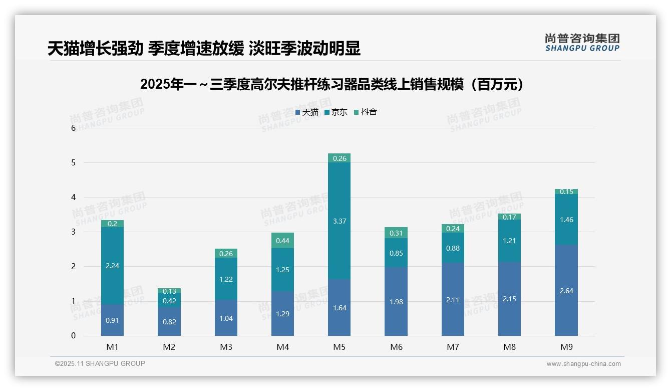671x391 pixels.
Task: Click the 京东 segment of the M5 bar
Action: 339,221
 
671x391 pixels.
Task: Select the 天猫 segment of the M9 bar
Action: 566,290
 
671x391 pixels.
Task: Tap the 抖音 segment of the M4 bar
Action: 282,241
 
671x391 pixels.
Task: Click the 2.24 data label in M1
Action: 112,266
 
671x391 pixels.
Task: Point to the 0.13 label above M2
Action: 169,291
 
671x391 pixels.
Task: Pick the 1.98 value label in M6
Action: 396,302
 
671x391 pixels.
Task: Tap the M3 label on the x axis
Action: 226,347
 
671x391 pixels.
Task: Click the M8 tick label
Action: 509,347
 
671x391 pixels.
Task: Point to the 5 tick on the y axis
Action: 73,163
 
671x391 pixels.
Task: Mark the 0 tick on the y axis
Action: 73,336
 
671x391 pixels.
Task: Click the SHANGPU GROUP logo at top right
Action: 582,43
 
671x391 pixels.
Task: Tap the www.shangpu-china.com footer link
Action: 583,364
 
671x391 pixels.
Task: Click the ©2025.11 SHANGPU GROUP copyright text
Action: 100,364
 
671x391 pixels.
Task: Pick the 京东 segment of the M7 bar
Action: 453,248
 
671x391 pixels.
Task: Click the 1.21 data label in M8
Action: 509,241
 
